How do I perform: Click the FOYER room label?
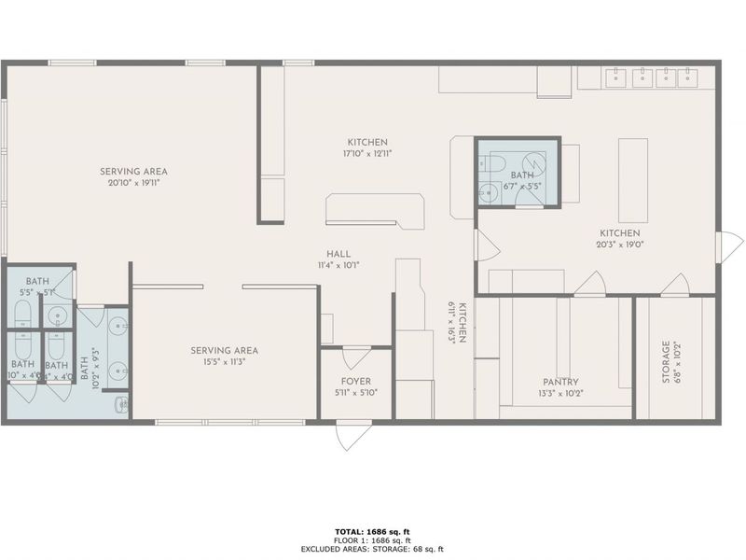354,381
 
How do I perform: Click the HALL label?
338,253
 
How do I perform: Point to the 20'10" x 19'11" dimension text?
136,184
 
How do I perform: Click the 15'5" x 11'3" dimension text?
224,363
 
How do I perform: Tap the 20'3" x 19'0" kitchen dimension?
619,245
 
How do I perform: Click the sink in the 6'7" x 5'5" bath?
487,193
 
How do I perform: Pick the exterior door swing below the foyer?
349,436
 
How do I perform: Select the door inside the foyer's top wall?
356,357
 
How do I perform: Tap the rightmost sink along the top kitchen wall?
688,78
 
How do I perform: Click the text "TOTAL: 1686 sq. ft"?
373,531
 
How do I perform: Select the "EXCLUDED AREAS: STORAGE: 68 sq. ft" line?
373,550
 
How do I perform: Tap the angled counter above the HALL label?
375,210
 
